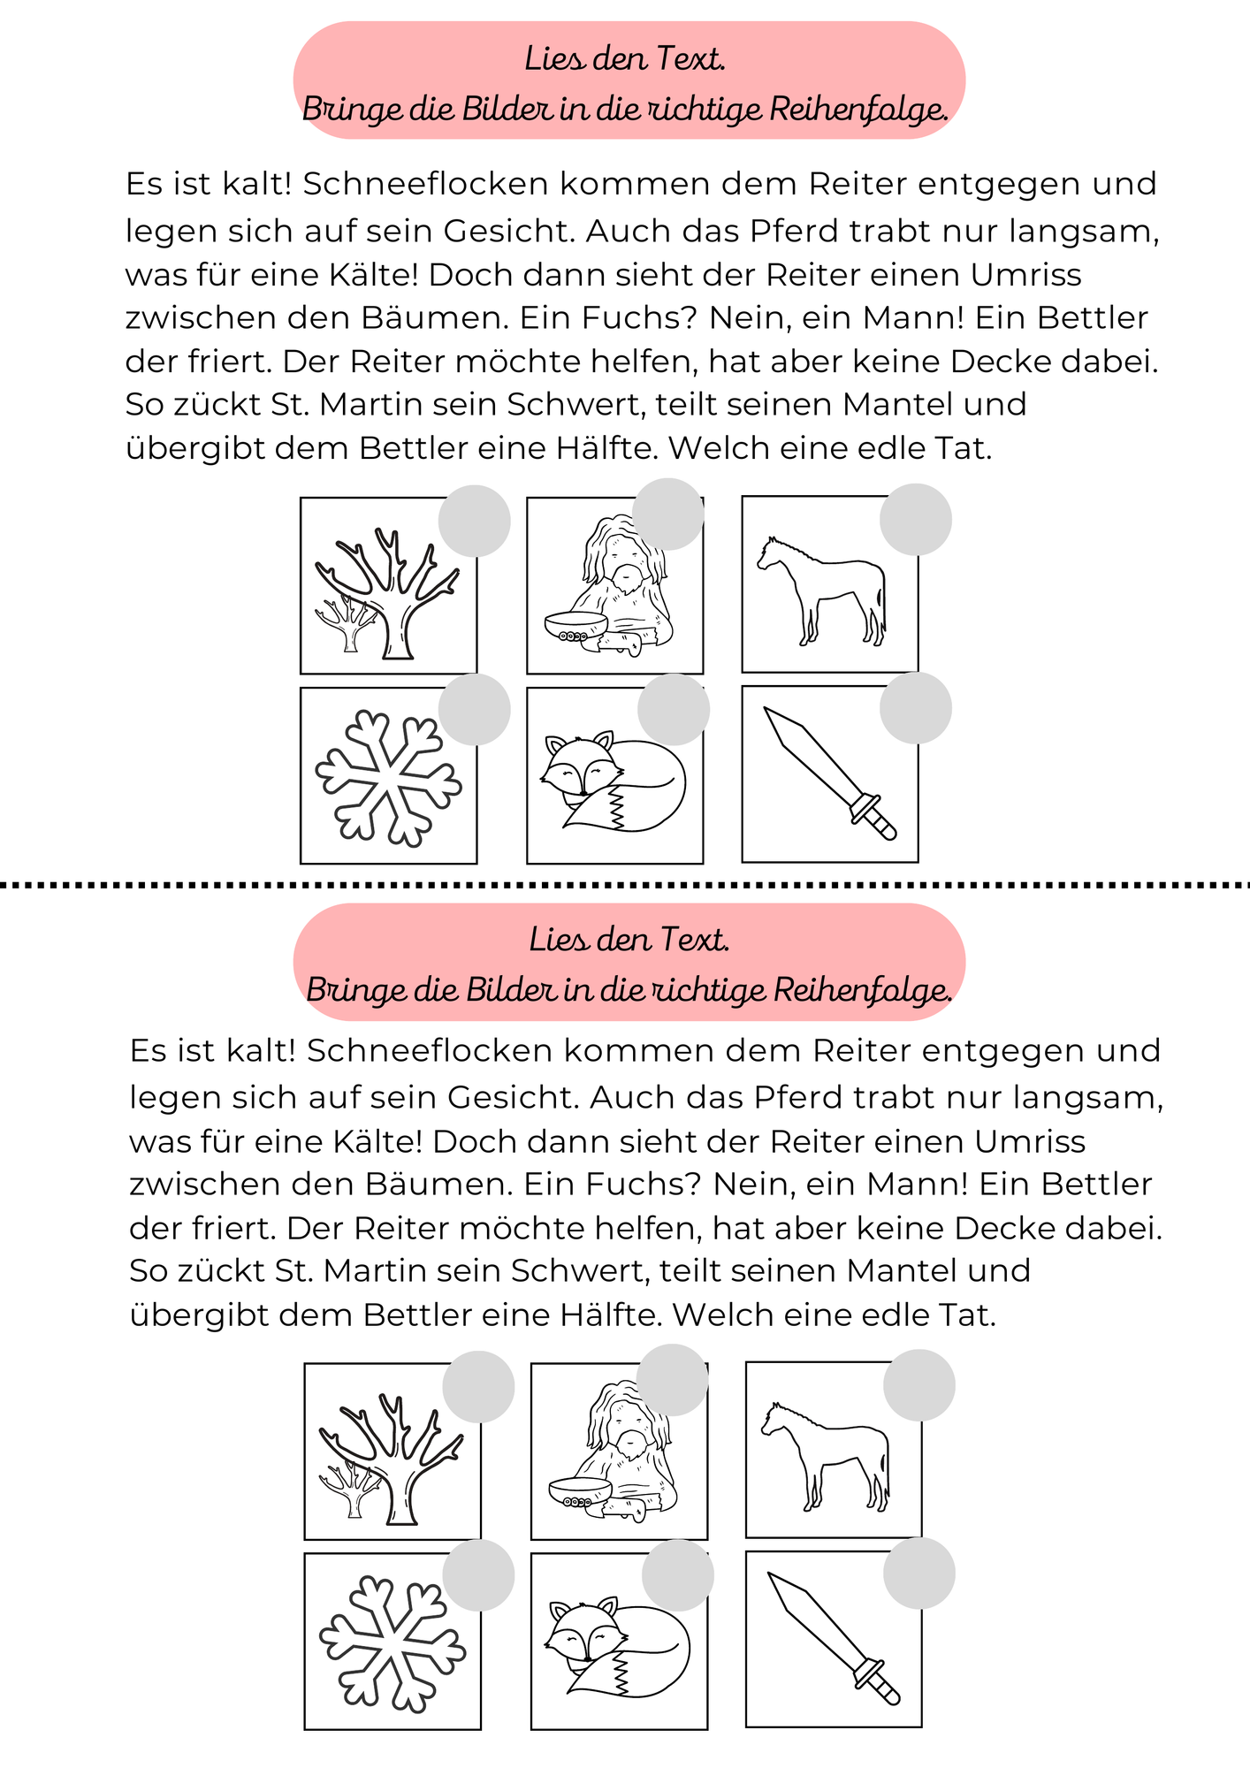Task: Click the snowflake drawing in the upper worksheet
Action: pos(389,778)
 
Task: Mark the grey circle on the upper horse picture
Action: pos(915,520)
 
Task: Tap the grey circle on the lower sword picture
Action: pos(919,1573)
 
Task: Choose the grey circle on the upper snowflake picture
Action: pos(475,709)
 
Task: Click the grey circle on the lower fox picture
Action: pos(677,1575)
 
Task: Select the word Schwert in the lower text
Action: pos(580,1270)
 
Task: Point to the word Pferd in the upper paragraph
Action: pos(795,231)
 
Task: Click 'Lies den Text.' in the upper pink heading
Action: pos(625,59)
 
